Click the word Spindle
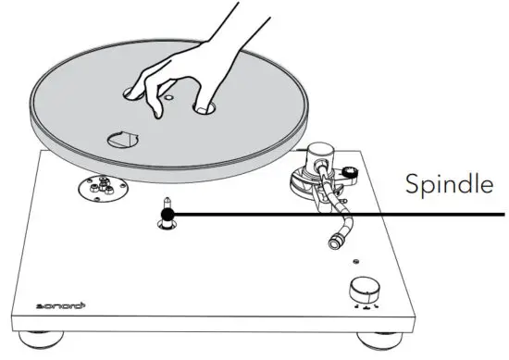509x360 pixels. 448,185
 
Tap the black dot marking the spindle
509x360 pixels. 168,215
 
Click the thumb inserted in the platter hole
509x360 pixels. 203,109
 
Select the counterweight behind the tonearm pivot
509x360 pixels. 350,169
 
